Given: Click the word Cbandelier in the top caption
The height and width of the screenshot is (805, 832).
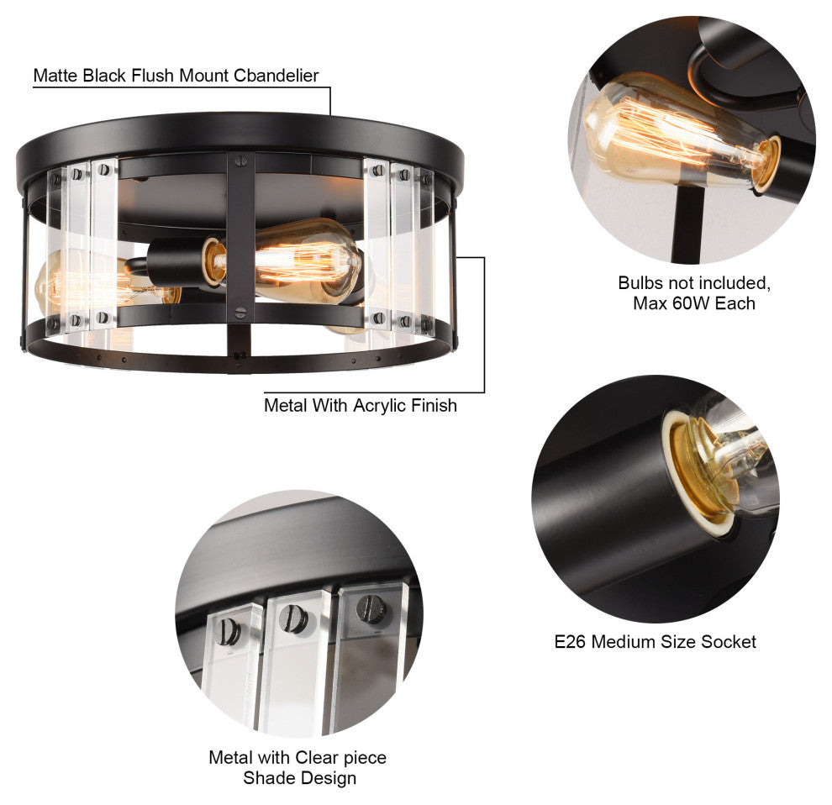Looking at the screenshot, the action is pos(276,76).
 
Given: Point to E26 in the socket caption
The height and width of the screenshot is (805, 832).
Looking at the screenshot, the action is pos(570,641).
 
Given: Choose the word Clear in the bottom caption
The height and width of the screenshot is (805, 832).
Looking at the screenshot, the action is pos(319,757).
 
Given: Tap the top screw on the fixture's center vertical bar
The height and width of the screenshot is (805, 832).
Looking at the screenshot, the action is pos(241,159).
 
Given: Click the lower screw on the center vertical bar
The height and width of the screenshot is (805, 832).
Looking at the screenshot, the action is pos(240,313).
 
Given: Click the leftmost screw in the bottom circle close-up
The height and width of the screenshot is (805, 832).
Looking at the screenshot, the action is pos(228,632).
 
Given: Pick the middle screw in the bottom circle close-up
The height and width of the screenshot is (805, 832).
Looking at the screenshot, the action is pos(293,618).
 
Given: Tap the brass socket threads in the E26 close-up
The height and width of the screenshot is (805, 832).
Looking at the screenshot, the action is pos(699,467).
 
